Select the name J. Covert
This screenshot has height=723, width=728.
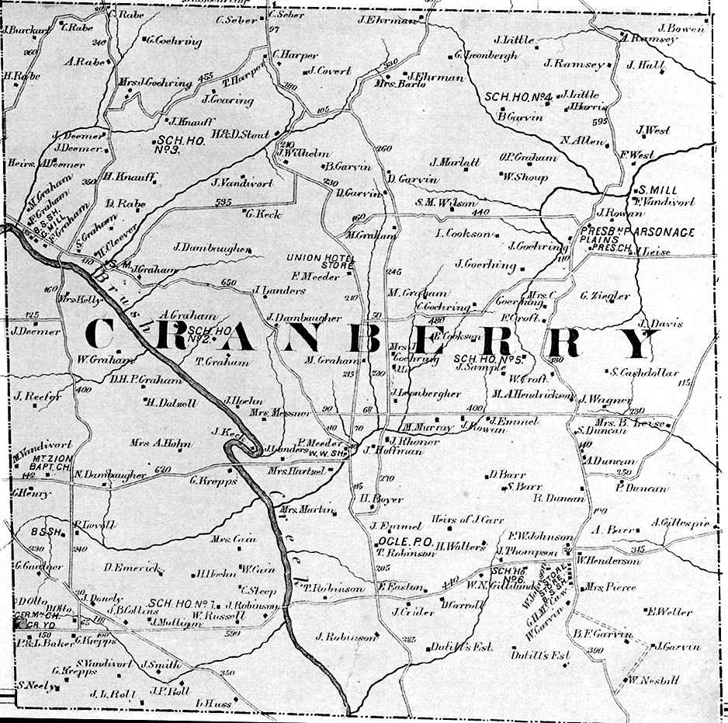tap(330, 71)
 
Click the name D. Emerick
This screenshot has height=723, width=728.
tap(130, 568)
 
